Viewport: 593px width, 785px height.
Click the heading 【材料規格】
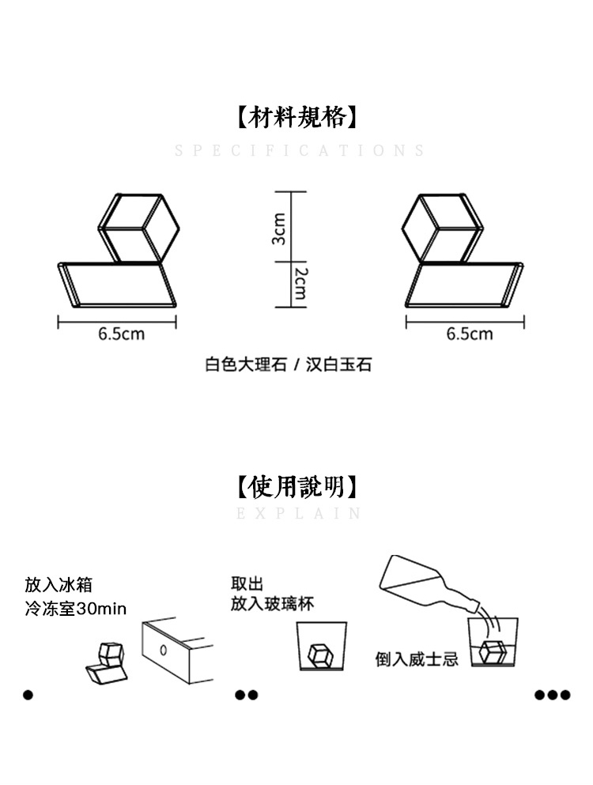[x=296, y=118]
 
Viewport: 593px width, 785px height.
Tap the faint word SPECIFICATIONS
[x=300, y=151]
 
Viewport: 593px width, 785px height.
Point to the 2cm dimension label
[x=300, y=282]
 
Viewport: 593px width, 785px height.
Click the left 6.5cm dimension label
[x=121, y=334]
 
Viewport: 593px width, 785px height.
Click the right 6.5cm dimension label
[x=469, y=334]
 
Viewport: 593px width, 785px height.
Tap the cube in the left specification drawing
[x=138, y=227]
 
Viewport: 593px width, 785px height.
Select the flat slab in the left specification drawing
[x=119, y=285]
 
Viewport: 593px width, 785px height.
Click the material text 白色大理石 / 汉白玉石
[x=289, y=364]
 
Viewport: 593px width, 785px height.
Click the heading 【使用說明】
[x=296, y=485]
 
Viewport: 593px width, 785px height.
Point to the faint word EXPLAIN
[x=300, y=514]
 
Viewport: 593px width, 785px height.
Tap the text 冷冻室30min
[x=76, y=610]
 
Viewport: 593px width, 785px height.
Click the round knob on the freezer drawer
[x=163, y=651]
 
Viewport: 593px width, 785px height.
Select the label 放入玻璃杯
[x=273, y=604]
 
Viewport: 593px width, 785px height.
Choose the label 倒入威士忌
[x=417, y=659]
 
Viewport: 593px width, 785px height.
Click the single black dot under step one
[x=29, y=695]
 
